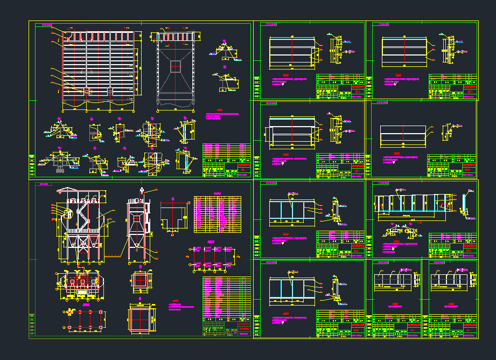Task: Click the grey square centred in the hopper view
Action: [176, 66]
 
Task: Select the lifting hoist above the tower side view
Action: [141, 190]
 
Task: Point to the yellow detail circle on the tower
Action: [68, 214]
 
